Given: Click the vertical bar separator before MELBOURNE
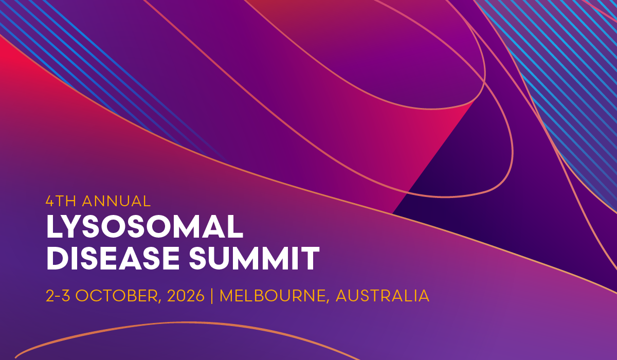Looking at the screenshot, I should (212, 296).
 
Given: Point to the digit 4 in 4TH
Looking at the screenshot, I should (50, 201).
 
